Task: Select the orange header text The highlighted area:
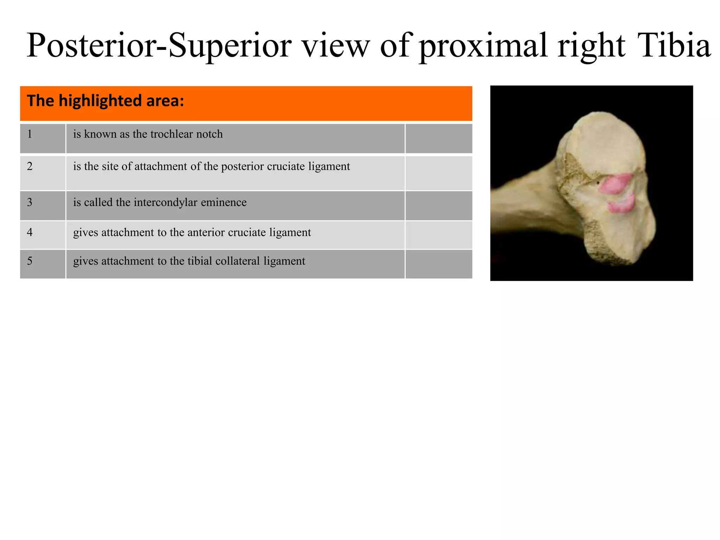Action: (x=105, y=101)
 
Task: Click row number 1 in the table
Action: (x=30, y=134)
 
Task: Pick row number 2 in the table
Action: (x=30, y=166)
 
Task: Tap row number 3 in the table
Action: (x=30, y=202)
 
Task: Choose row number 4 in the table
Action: (x=30, y=232)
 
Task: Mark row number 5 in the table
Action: (x=30, y=261)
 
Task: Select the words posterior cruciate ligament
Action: (x=285, y=166)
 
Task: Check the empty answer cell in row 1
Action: (x=438, y=139)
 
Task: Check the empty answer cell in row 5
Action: (x=438, y=264)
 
